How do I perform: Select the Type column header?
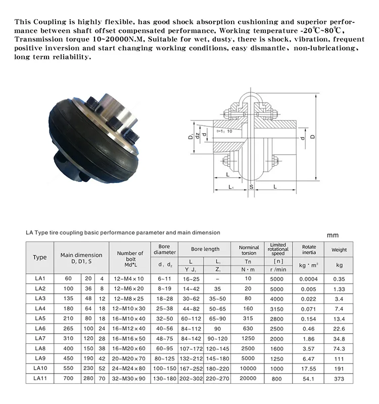coord(40,257)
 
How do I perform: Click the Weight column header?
coord(339,250)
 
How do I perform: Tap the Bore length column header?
coord(205,250)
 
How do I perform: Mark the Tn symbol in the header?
coord(248,261)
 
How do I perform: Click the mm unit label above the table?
coord(333,235)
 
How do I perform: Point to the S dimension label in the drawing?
coord(251,187)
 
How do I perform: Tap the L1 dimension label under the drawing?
coord(230,187)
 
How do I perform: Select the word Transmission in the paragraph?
coord(41,39)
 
